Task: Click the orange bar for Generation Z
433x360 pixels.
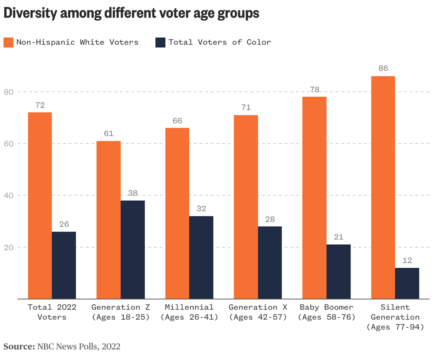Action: coord(109,220)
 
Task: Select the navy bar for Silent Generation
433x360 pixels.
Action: coord(407,283)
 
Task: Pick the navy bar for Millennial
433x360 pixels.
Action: coord(201,257)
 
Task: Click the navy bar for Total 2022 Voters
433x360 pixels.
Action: coord(64,265)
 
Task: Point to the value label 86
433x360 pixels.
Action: coord(383,68)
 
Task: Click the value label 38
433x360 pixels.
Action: coord(133,193)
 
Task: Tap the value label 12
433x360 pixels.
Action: coord(407,260)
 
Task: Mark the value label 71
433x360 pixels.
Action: coord(246,107)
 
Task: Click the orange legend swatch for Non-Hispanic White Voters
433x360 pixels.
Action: coord(9,42)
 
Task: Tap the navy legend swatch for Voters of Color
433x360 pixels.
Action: coord(160,42)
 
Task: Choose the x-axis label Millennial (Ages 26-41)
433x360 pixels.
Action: coord(189,312)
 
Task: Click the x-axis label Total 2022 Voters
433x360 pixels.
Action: coord(52,312)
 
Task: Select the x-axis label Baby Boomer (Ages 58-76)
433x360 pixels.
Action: coord(326,312)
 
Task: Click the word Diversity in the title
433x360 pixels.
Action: coord(30,13)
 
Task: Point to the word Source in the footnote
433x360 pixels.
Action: coord(19,346)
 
